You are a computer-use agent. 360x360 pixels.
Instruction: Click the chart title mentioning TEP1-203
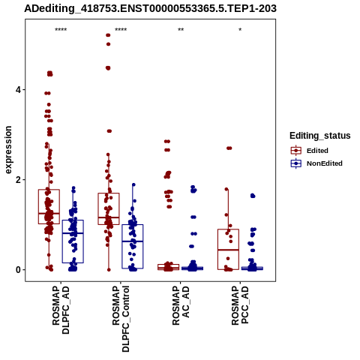[150, 8]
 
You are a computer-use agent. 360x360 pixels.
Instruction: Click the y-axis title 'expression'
[8, 150]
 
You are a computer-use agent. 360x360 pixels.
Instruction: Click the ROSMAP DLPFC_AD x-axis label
[61, 310]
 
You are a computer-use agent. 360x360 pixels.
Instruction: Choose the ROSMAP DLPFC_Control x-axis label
[121, 319]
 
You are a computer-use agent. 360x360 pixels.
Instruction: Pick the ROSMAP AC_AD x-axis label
[181, 305]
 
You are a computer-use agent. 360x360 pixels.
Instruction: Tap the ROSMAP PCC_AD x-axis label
[240, 305]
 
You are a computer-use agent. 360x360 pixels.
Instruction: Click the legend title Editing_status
[320, 136]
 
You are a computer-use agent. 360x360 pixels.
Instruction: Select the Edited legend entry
[309, 151]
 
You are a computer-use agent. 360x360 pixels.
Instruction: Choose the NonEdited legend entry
[316, 163]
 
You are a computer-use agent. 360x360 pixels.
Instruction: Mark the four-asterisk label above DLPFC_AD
[61, 30]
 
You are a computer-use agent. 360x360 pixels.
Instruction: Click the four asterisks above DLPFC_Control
[121, 30]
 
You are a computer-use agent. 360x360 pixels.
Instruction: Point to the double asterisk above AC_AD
[181, 30]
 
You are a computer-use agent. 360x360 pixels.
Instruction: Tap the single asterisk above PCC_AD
[240, 30]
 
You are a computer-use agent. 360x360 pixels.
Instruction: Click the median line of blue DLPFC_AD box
[73, 233]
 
